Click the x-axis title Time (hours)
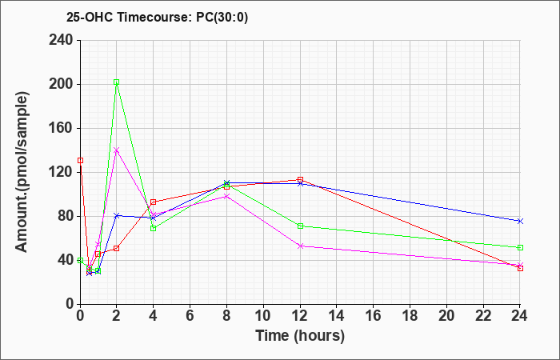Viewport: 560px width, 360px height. click(x=300, y=336)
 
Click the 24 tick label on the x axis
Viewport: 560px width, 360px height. click(x=520, y=316)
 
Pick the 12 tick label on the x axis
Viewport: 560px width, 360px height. click(x=300, y=316)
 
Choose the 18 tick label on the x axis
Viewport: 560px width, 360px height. click(x=410, y=316)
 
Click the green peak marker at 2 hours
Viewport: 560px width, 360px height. click(x=116, y=82)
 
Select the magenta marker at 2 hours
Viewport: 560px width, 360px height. click(x=116, y=150)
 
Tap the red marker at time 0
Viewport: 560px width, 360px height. click(x=80, y=160)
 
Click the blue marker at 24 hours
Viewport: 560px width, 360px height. click(x=520, y=221)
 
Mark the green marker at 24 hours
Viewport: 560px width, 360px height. click(x=520, y=247)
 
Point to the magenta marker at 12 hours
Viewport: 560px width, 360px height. click(x=300, y=246)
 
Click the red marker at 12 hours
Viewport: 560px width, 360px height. click(x=300, y=180)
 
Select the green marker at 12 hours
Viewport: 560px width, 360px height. click(x=300, y=226)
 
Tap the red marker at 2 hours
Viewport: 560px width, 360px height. click(x=116, y=248)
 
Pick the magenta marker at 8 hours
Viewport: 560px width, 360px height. click(x=226, y=196)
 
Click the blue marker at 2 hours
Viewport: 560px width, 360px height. click(x=116, y=215)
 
